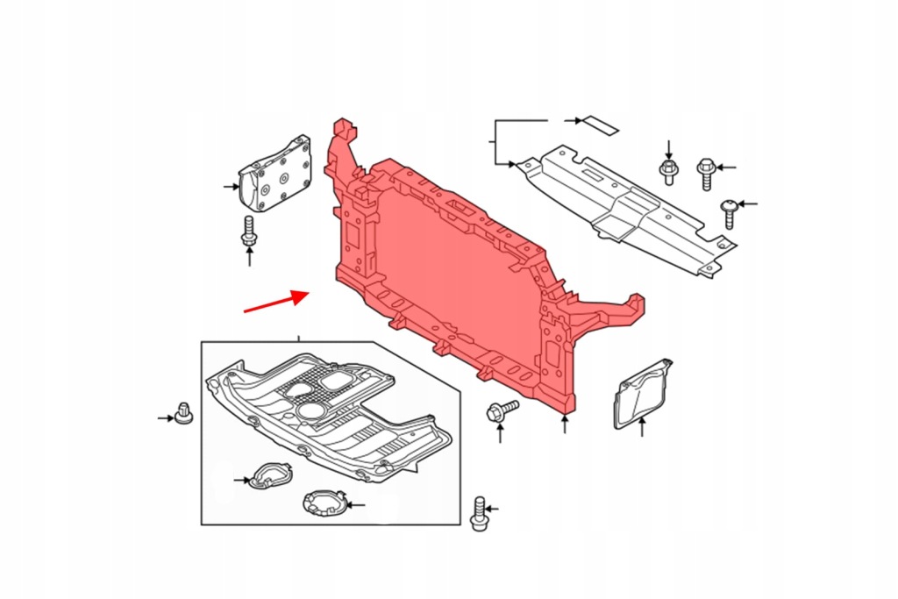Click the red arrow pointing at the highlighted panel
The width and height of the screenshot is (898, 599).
[x=275, y=302]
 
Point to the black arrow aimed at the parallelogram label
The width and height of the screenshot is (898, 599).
[x=574, y=120]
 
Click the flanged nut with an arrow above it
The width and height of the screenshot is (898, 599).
[x=668, y=169]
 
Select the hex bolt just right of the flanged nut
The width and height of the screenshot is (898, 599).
[x=706, y=172]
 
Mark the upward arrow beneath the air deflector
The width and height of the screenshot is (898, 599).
[x=643, y=429]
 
